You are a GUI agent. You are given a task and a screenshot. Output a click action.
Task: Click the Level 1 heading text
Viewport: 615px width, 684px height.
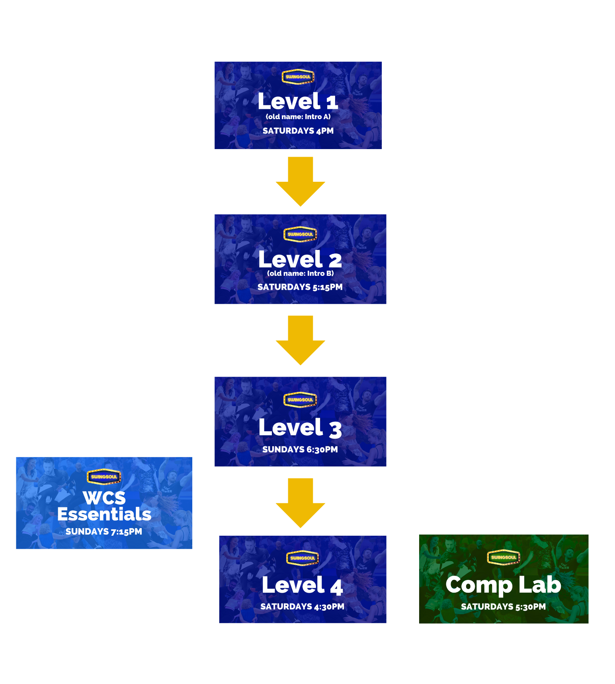click(298, 101)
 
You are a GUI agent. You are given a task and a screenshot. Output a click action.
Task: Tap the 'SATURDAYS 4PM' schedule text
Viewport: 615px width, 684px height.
click(298, 131)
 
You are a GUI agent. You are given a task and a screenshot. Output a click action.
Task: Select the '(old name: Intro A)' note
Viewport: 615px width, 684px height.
click(298, 117)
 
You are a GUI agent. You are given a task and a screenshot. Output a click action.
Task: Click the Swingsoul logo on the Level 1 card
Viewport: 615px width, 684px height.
click(298, 77)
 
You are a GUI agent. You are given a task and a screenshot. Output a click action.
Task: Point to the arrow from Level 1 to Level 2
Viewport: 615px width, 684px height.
click(301, 181)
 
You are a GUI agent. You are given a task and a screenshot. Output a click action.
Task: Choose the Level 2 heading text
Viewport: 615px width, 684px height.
click(300, 259)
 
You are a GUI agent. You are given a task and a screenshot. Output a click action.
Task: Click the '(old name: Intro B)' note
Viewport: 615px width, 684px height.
click(300, 273)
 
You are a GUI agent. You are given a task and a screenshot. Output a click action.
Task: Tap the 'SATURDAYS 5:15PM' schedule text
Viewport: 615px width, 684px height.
click(300, 287)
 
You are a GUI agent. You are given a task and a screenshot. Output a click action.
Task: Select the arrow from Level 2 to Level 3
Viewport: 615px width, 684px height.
click(301, 340)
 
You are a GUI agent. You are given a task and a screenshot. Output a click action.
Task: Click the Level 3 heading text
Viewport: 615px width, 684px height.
click(300, 428)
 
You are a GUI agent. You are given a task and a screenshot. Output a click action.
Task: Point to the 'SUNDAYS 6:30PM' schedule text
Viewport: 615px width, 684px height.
click(300, 450)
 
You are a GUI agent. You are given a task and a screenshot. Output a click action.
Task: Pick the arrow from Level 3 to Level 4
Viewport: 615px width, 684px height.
click(301, 503)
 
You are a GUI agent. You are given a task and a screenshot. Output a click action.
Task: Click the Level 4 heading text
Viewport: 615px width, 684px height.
click(303, 586)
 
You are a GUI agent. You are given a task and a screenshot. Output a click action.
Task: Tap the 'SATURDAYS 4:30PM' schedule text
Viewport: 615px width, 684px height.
click(302, 607)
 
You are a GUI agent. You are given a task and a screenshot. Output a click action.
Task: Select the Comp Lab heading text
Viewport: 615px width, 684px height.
click(503, 585)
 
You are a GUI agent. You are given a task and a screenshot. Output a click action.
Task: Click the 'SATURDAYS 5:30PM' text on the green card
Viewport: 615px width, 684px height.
click(503, 607)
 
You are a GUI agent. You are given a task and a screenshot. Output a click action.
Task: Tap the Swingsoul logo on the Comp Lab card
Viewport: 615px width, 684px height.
click(504, 557)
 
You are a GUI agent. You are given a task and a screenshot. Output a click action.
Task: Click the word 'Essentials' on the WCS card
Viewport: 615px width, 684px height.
click(104, 514)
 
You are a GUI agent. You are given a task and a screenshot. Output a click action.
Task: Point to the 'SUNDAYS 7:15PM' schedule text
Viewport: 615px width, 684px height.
click(104, 532)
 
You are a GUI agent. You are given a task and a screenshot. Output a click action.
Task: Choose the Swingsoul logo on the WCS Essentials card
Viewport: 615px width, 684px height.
click(104, 477)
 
